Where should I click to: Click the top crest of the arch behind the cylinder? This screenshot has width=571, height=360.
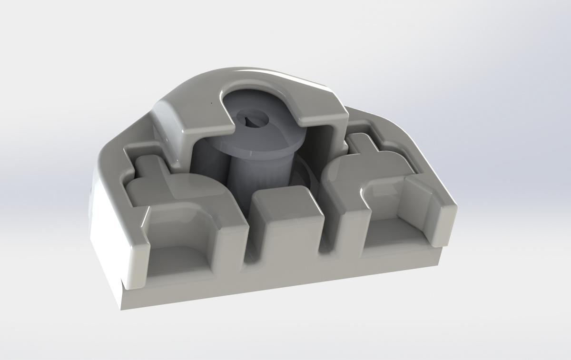257,71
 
